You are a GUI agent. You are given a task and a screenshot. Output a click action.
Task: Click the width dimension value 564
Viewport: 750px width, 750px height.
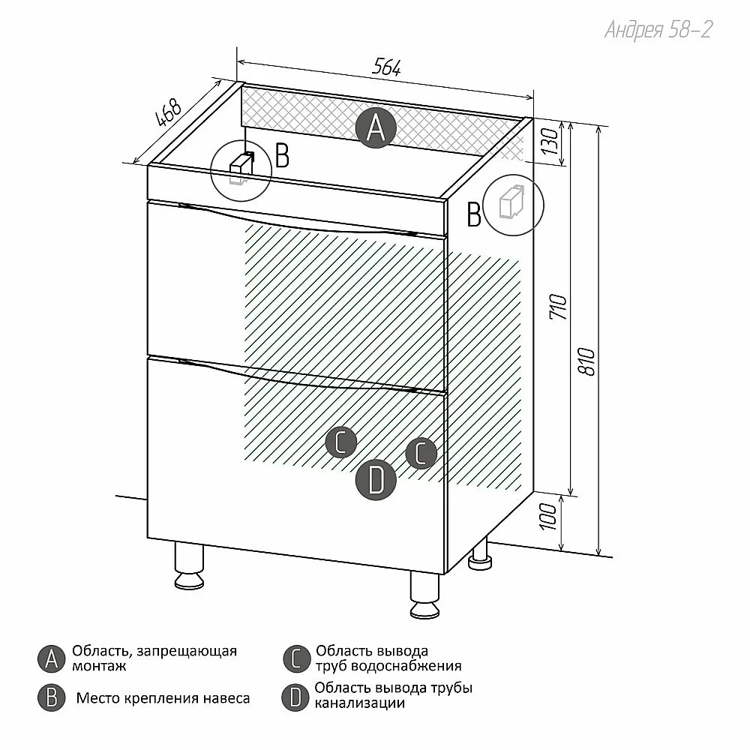[x=386, y=67]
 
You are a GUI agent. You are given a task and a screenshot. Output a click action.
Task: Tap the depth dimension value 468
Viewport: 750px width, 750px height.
[x=168, y=113]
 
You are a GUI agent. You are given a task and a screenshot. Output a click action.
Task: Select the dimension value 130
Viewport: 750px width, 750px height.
[x=550, y=141]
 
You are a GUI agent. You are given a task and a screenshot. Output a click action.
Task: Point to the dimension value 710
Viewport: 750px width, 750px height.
[x=559, y=307]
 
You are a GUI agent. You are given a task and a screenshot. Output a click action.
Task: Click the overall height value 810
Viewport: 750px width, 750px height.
[x=587, y=361]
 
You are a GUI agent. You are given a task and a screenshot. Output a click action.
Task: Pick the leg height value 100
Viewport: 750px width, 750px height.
[x=549, y=516]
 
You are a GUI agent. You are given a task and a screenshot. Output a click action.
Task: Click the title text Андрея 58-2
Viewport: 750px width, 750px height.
[x=658, y=30]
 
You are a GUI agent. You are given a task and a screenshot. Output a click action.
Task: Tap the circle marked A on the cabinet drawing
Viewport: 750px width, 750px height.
[x=376, y=127]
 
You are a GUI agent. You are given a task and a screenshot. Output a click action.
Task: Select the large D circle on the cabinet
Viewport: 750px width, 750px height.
[x=376, y=480]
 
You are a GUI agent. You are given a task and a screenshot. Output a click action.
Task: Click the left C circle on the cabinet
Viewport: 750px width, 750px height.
[x=341, y=442]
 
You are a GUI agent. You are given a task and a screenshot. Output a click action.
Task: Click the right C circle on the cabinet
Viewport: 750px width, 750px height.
[x=421, y=453]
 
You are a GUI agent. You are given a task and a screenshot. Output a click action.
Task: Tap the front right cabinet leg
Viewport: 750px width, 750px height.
[x=424, y=595]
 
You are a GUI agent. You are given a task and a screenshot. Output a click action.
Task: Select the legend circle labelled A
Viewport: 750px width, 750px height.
[x=51, y=658]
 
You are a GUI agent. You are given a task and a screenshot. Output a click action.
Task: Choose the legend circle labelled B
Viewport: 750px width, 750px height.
[x=51, y=697]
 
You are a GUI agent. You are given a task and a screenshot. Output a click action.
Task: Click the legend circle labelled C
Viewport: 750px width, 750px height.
[x=296, y=658]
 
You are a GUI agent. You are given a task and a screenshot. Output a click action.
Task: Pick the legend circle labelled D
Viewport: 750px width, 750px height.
[x=295, y=697]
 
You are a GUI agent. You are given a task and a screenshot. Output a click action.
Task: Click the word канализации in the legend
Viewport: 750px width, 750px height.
[x=360, y=703]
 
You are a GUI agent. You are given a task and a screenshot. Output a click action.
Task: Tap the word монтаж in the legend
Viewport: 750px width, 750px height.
[x=99, y=666]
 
